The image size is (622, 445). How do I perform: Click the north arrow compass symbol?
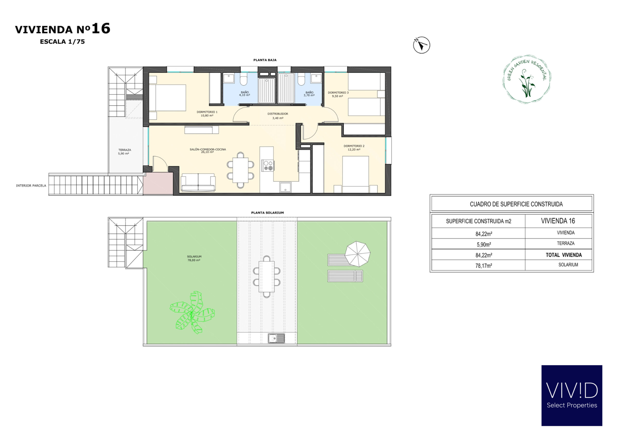(421, 45)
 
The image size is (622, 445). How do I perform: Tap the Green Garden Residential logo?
(527, 79)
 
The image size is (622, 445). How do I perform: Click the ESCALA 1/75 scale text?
(62, 42)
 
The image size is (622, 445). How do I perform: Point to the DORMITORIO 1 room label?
(207, 114)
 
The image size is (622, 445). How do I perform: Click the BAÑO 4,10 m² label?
(245, 94)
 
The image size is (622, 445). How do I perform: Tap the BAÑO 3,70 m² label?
(309, 94)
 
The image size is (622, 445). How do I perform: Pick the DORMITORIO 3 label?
(338, 94)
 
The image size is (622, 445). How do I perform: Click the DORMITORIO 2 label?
(354, 148)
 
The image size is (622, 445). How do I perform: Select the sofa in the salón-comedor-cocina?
(198, 182)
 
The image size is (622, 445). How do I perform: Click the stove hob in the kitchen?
(268, 166)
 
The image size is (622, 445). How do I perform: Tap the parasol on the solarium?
(357, 254)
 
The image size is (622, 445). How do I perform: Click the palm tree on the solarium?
(192, 312)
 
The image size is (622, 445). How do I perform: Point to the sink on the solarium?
(276, 338)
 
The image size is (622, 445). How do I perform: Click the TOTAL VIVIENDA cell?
(564, 255)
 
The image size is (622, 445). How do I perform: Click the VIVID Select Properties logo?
(572, 395)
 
